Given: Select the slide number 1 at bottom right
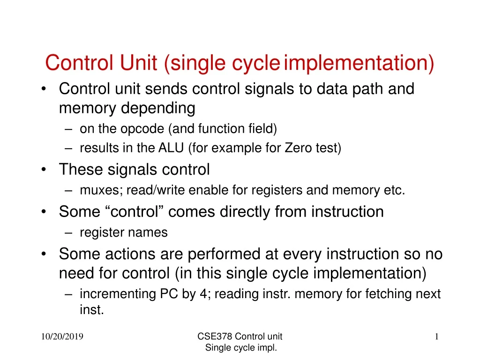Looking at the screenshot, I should click(x=436, y=336).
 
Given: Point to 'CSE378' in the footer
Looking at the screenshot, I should click(x=215, y=336).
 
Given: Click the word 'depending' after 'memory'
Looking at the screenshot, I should click(x=159, y=108).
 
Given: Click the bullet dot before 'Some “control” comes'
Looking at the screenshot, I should click(x=44, y=212).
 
